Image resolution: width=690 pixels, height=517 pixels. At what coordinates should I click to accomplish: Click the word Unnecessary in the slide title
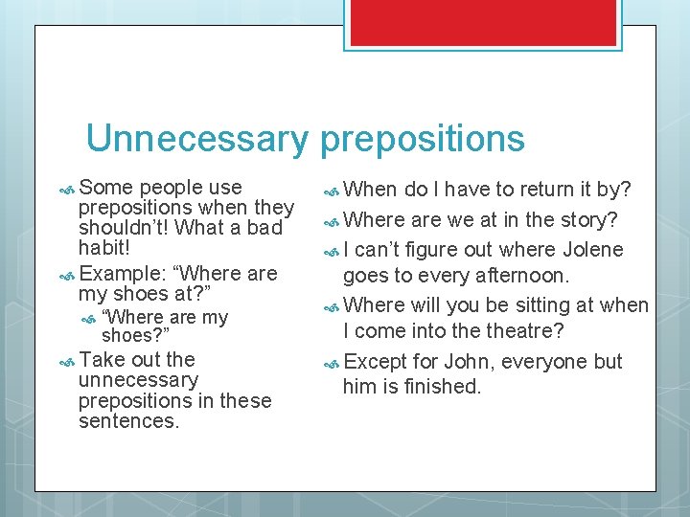point(196,139)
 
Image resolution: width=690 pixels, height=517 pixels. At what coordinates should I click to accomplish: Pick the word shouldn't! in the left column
point(128,228)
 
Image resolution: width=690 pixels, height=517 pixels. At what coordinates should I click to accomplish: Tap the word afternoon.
point(525,276)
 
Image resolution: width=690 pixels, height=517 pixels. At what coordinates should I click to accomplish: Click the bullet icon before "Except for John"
point(331,363)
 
